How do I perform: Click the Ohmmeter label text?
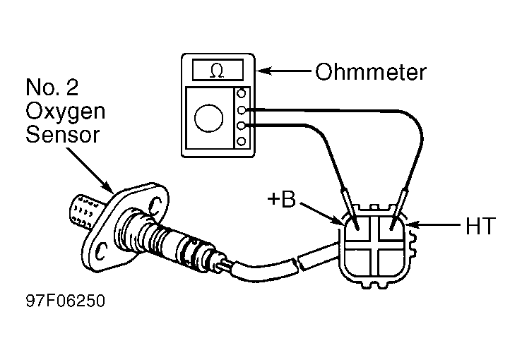[371, 72]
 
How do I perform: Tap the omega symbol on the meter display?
[217, 71]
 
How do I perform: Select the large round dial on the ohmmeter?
[209, 118]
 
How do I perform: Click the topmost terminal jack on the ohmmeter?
[242, 93]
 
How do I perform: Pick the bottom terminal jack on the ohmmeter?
[242, 141]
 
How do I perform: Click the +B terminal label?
[282, 199]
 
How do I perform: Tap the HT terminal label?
[481, 226]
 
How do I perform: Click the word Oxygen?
[65, 112]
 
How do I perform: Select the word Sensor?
[63, 134]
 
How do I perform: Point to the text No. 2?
[52, 87]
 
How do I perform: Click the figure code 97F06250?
[66, 301]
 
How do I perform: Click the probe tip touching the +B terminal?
[357, 227]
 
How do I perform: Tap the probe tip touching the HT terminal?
[393, 227]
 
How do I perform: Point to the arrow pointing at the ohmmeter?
[284, 71]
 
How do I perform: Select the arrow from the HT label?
[435, 225]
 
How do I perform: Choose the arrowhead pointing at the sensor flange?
[108, 187]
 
